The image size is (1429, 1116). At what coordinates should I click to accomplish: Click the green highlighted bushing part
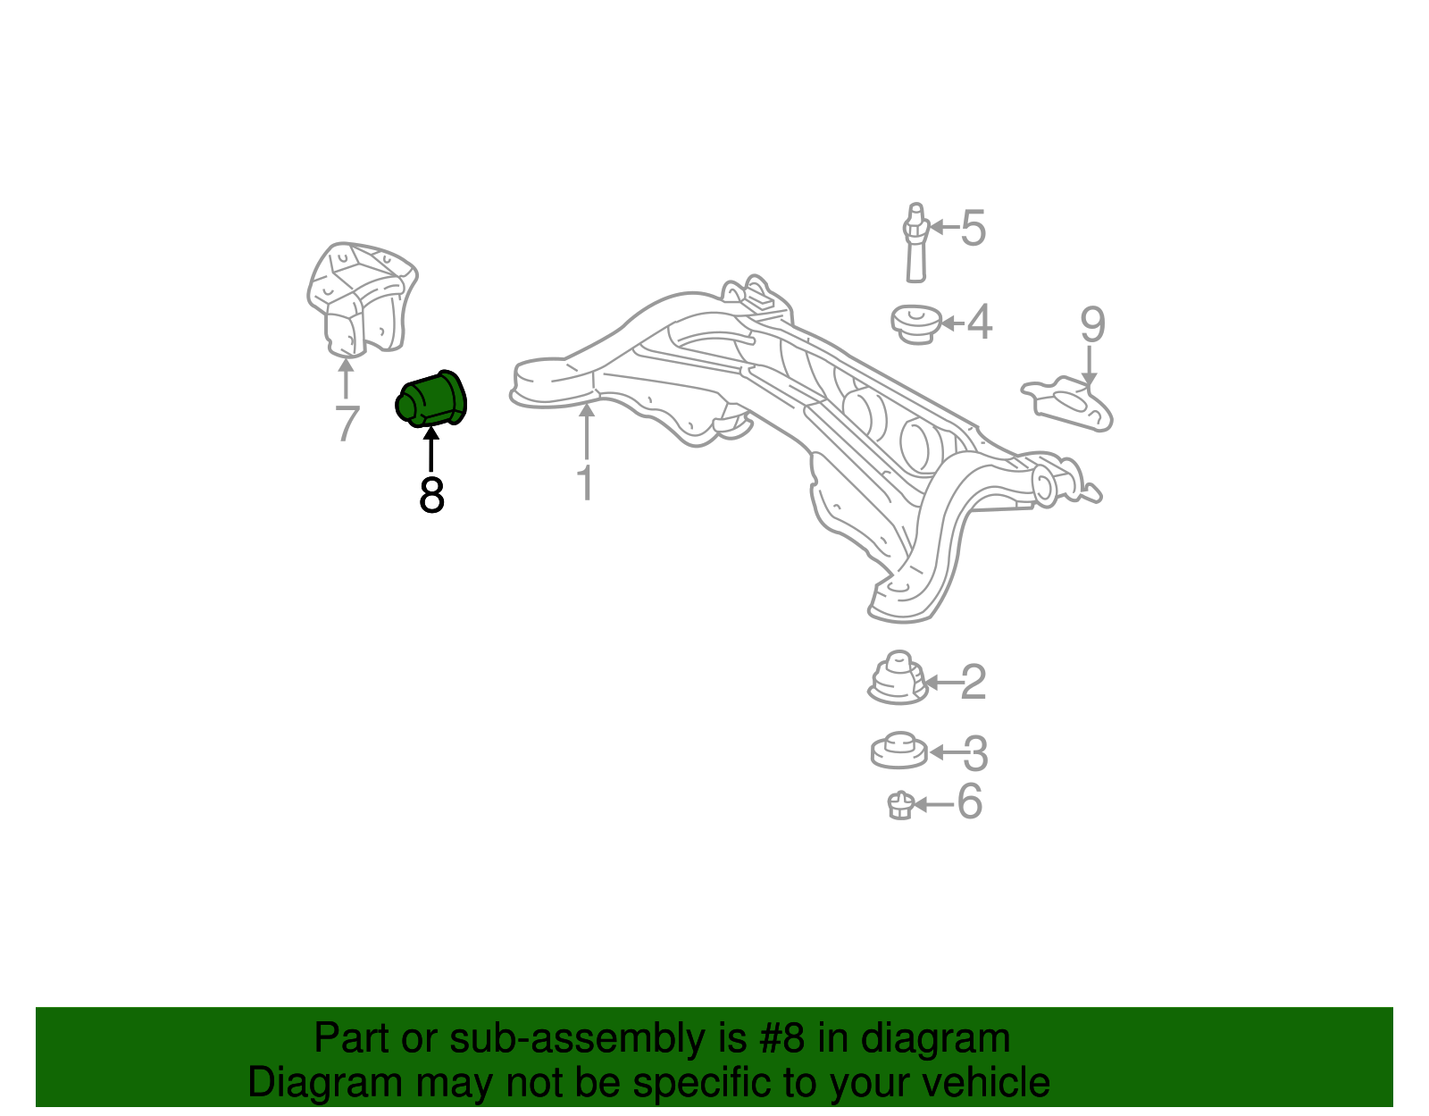[430, 399]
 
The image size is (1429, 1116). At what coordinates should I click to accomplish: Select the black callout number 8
[431, 495]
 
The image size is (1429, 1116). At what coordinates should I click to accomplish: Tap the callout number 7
[347, 424]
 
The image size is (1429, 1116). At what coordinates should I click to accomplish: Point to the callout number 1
[585, 482]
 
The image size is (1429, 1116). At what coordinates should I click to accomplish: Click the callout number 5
[974, 228]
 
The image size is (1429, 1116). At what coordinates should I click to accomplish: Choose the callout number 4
[979, 323]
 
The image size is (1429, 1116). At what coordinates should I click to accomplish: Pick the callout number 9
[1092, 324]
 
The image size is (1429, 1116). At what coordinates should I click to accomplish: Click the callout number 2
[974, 682]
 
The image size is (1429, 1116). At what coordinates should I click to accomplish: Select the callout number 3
[975, 753]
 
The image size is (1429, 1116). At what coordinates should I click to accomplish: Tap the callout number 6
[970, 801]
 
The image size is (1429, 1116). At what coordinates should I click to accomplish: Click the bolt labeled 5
[915, 243]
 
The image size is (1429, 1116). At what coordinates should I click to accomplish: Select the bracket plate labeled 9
[1066, 404]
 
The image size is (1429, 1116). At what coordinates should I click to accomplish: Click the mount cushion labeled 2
[898, 678]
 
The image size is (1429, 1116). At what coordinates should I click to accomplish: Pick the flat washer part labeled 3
[899, 751]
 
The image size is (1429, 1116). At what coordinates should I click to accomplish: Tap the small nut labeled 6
[900, 805]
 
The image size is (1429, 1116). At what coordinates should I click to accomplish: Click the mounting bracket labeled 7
[362, 299]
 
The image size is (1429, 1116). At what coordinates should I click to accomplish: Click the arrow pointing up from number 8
[430, 449]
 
